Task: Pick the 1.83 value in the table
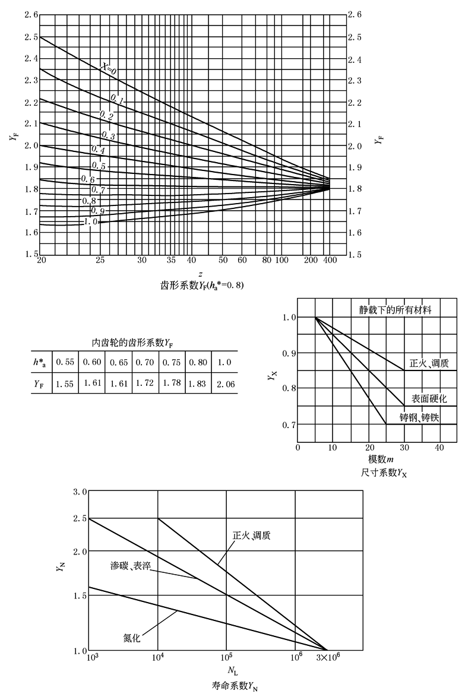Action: click(x=197, y=384)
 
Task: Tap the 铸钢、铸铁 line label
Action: click(x=419, y=418)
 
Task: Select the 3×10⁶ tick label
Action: click(x=325, y=659)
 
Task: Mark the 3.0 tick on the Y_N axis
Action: click(x=80, y=492)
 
